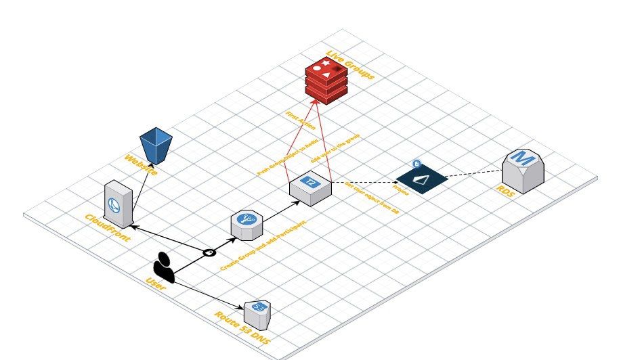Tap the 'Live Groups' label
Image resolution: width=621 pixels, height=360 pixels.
point(351,65)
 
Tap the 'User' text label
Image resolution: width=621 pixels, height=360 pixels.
point(156,288)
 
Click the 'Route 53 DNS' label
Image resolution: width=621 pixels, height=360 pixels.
point(241,329)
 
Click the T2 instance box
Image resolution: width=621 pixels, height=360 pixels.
point(311,186)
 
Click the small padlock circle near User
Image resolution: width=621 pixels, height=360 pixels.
point(210,252)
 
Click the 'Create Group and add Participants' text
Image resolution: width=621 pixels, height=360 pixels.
point(264,244)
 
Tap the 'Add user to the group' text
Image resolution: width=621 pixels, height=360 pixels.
point(335,149)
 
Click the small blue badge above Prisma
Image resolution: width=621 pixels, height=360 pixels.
point(416,164)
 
